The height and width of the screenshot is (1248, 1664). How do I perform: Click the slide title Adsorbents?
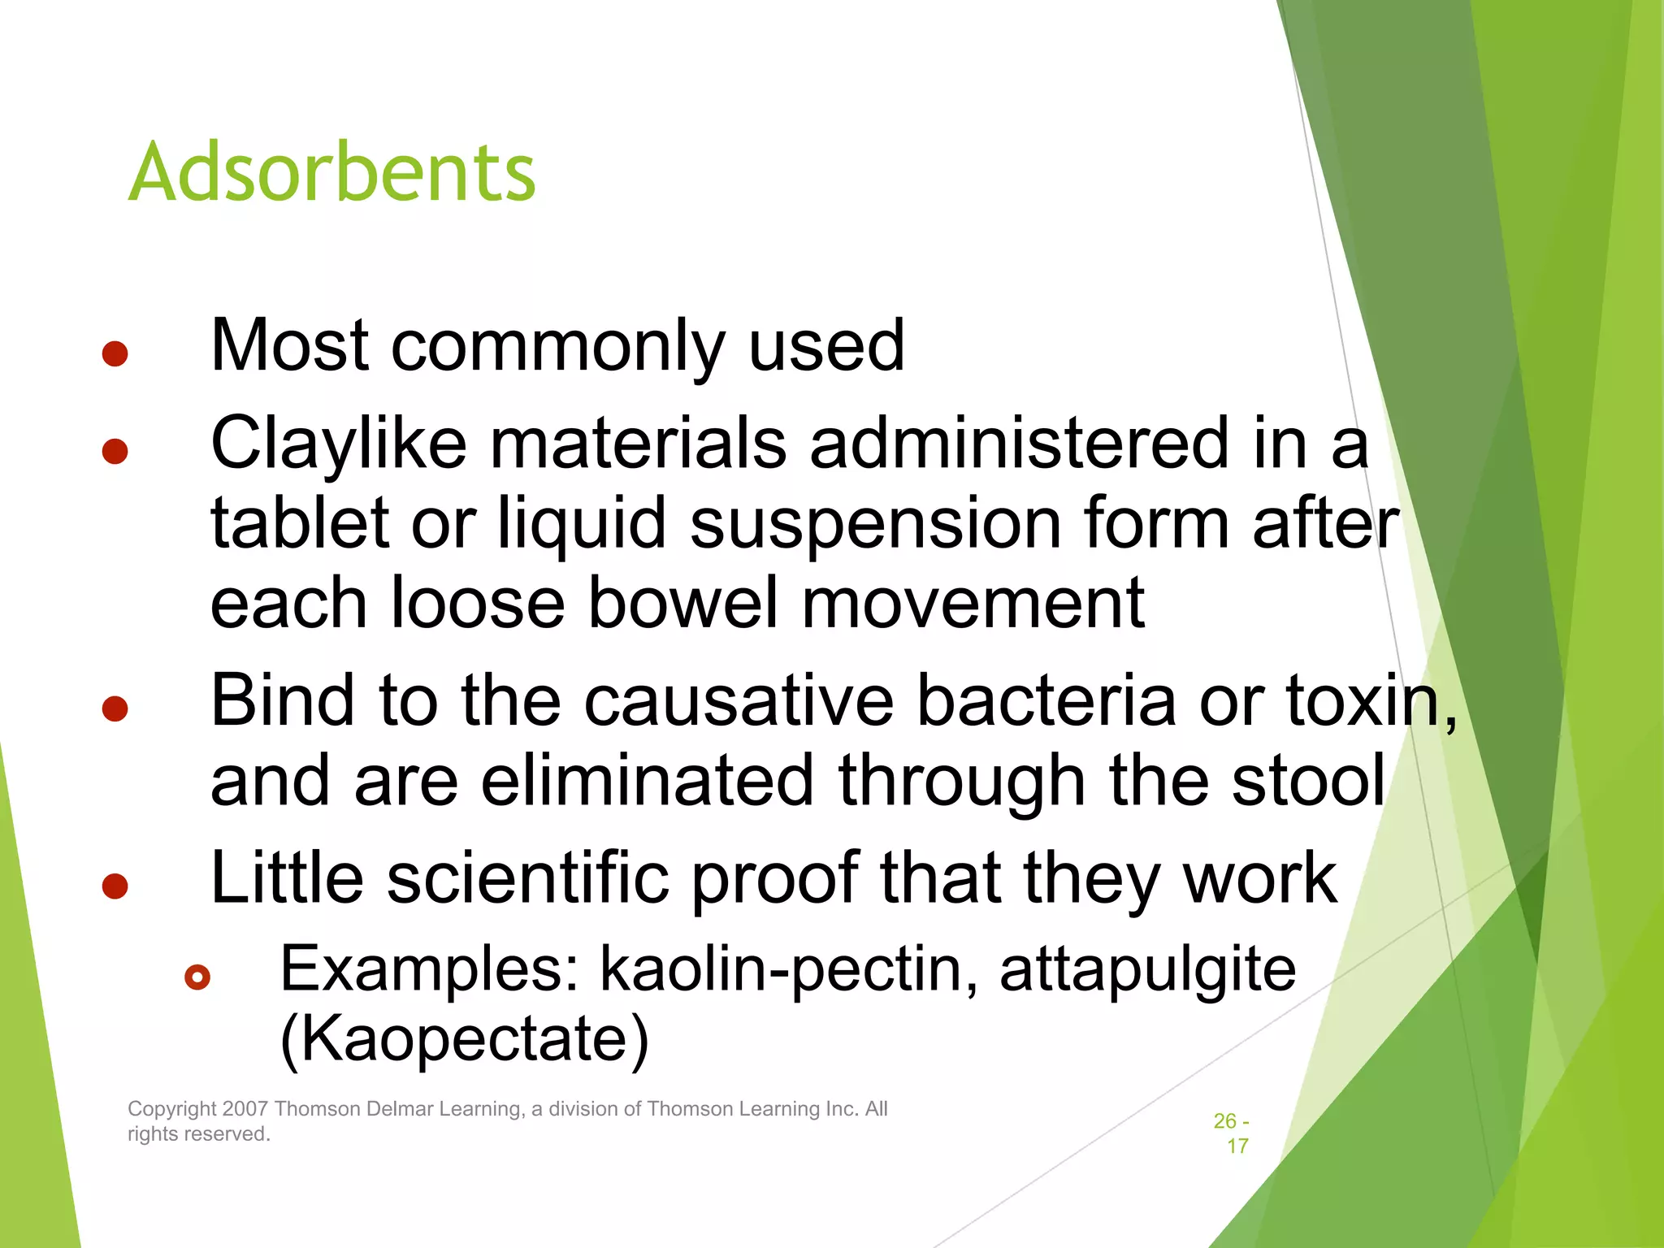331,172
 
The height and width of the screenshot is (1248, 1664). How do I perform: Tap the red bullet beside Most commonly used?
115,353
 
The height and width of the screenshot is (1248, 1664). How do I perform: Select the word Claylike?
338,444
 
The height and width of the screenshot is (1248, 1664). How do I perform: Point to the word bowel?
681,603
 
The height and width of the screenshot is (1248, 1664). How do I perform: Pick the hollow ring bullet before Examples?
197,977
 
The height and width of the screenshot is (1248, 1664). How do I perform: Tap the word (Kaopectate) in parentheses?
464,1039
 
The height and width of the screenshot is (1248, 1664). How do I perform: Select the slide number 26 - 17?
1232,1133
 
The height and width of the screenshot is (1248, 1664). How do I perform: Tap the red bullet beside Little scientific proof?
115,886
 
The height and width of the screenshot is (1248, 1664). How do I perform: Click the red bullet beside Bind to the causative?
115,708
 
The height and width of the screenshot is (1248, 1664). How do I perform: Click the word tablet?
299,523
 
